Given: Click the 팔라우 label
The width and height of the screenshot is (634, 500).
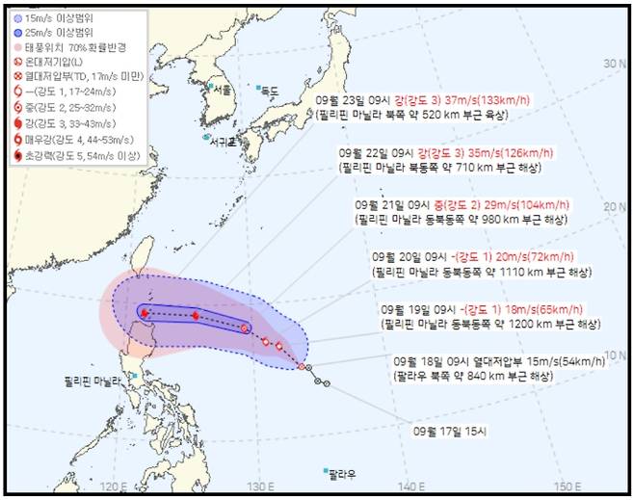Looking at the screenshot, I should (x=343, y=474).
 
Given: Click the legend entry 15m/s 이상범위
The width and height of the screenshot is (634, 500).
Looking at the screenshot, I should (x=57, y=18).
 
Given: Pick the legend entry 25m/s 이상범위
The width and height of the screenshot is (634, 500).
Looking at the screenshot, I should (x=57, y=33).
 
